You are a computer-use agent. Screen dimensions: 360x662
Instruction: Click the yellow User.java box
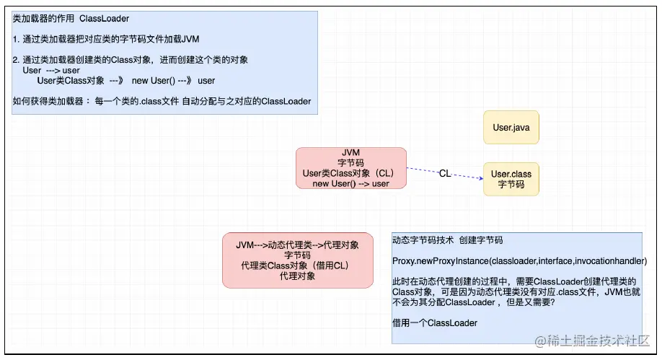pos(511,128)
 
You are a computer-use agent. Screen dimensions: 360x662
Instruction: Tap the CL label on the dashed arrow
pos(445,173)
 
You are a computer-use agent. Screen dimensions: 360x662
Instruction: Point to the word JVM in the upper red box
pos(350,153)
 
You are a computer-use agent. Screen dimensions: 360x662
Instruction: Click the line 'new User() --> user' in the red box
pos(350,183)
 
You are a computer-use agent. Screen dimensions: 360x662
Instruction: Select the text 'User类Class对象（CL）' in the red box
pos(350,173)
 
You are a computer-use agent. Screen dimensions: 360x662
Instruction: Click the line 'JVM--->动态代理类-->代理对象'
pos(297,245)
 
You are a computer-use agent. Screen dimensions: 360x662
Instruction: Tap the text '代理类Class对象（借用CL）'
pos(297,265)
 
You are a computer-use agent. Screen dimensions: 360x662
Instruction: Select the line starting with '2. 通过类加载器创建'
pos(131,60)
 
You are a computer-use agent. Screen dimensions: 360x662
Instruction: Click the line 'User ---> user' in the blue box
pos(51,71)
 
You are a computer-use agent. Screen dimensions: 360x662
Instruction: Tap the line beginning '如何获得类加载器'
pos(162,102)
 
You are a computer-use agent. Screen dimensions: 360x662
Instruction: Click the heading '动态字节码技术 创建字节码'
pos(447,240)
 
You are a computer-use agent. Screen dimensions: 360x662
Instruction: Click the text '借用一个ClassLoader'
pos(435,322)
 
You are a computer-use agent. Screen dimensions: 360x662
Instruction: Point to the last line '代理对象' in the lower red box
pos(297,276)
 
